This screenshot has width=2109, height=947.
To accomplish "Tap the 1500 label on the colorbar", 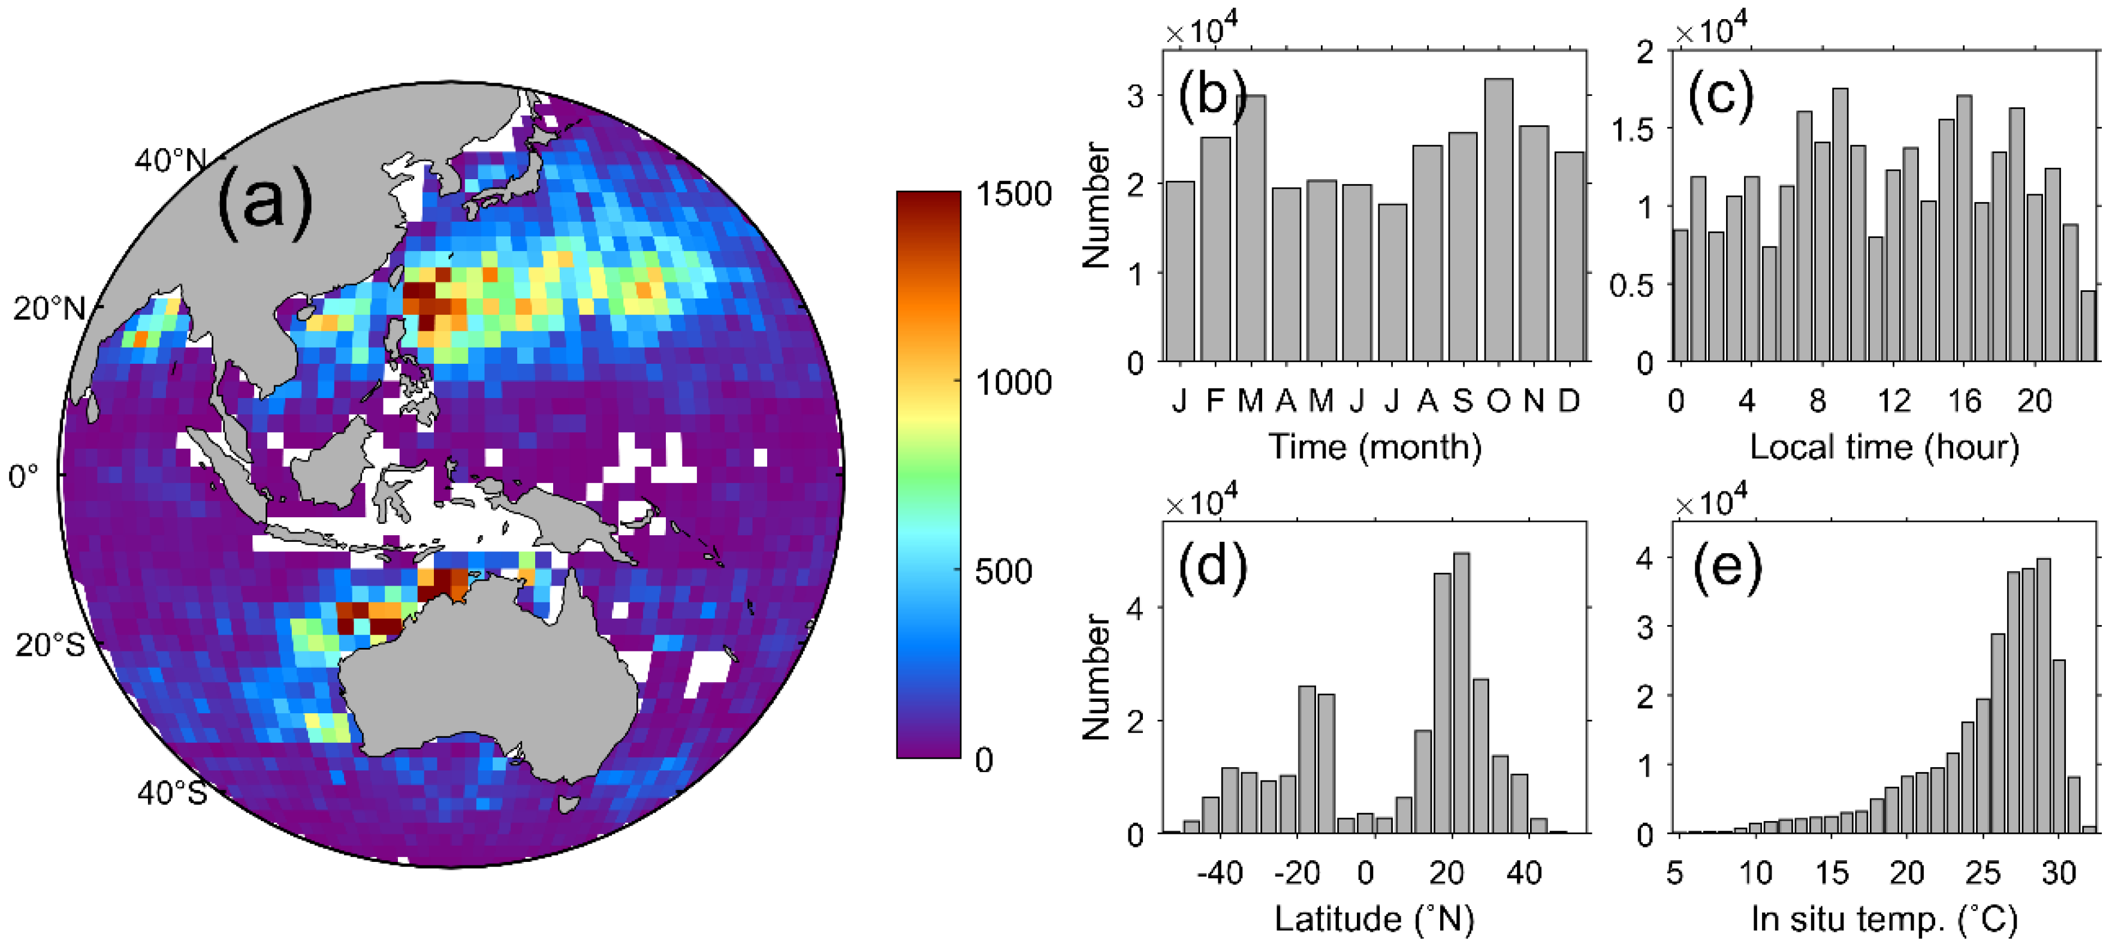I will pos(1013,194).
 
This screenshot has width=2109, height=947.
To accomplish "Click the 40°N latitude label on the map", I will pos(170,161).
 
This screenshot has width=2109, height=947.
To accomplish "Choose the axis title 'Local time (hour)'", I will pos(1884,447).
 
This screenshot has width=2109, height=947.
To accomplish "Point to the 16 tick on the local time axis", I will pos(1963,401).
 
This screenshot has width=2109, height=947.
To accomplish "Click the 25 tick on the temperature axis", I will pos(1982,873).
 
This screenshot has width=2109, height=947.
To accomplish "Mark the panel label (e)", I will pos(1727,566).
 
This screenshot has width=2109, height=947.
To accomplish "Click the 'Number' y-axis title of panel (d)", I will pos(1096,678).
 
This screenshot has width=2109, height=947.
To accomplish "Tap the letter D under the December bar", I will pos(1568,401).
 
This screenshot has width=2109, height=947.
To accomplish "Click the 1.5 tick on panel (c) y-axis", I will pos(1632,130).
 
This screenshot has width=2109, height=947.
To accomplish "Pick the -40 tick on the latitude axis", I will pos(1219,873).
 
